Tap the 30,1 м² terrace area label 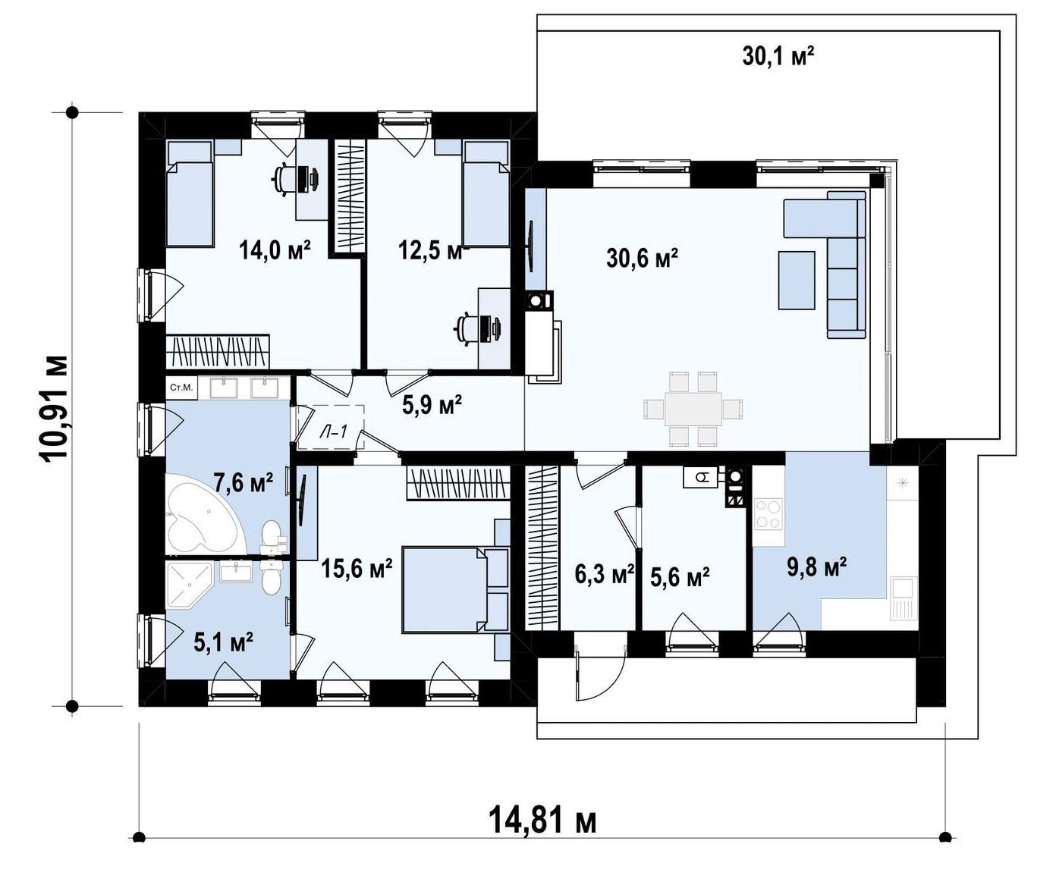click(x=778, y=57)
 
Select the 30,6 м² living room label click(x=642, y=259)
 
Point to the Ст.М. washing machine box click(x=181, y=388)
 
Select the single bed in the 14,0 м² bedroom click(x=189, y=193)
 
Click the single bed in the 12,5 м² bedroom click(x=486, y=193)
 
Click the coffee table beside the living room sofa click(x=797, y=280)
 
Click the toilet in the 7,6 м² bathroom click(x=272, y=537)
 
